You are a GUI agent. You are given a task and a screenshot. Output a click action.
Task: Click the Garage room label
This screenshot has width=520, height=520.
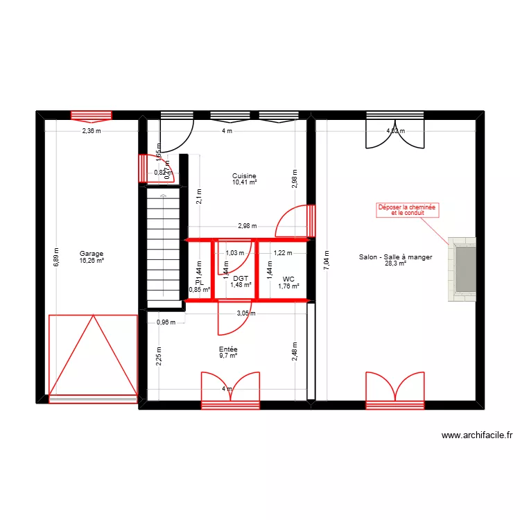click(91, 254)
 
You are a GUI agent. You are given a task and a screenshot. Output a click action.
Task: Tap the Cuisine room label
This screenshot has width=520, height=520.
click(244, 176)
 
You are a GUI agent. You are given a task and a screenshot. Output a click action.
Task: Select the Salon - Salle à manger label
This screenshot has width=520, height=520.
click(395, 257)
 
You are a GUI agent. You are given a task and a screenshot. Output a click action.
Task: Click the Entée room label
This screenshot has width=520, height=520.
click(228, 350)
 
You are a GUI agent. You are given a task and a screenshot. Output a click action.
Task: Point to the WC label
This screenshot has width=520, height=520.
click(288, 279)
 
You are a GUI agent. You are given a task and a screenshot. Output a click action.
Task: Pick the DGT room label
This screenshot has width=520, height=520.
click(241, 278)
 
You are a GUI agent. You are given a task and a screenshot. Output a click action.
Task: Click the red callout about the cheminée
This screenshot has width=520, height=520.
click(408, 210)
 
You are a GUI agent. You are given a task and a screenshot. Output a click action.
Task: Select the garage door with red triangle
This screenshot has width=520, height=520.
click(92, 355)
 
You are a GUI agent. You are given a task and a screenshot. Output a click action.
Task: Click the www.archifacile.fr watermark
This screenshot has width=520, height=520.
click(476, 435)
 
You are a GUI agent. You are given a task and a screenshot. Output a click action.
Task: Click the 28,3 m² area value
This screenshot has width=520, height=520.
click(395, 263)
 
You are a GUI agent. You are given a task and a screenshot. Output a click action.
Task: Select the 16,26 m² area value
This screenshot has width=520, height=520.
click(92, 261)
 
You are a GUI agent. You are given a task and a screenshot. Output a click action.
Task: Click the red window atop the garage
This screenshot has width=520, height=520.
click(92, 116)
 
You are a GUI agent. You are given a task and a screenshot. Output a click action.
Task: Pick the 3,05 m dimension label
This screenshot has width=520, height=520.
click(245, 313)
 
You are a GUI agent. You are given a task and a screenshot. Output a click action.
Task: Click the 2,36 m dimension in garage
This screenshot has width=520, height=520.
click(92, 130)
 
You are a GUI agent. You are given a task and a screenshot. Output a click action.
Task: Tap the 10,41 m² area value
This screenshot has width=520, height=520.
click(244, 182)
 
